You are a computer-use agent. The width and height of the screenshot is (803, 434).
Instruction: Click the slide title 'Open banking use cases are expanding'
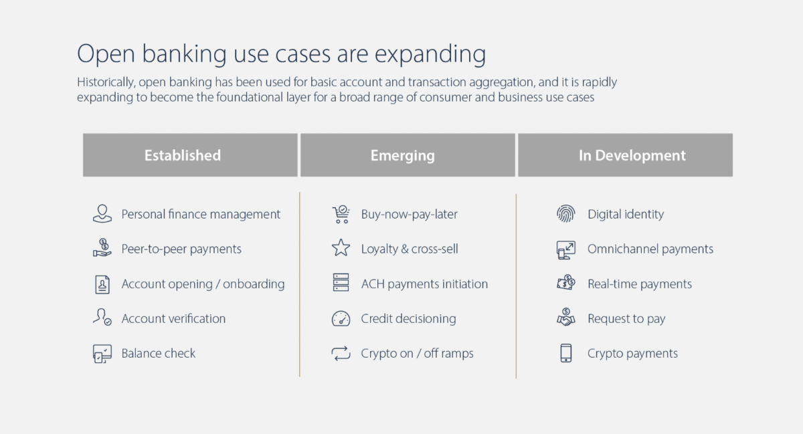click(281, 54)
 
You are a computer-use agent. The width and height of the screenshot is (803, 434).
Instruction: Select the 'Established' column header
click(183, 155)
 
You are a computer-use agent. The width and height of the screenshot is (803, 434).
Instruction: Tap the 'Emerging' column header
click(402, 155)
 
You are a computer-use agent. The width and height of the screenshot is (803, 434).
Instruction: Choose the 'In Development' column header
click(632, 155)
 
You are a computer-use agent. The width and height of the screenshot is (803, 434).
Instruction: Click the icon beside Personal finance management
click(102, 214)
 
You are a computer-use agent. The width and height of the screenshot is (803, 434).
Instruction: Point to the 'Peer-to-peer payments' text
click(181, 249)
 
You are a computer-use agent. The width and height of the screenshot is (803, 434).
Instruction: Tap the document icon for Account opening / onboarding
click(102, 284)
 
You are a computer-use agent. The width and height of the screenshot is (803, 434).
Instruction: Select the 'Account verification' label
click(173, 318)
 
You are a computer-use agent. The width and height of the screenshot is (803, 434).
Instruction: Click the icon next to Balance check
click(102, 353)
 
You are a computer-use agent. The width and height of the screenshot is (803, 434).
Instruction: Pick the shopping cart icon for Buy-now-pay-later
click(341, 214)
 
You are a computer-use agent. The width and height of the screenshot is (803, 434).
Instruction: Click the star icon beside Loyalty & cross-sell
click(341, 249)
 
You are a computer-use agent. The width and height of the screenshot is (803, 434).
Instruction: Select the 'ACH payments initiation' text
click(424, 284)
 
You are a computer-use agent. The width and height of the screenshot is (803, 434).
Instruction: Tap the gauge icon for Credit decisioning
click(341, 318)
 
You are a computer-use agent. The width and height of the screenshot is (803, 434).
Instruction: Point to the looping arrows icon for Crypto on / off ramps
click(341, 353)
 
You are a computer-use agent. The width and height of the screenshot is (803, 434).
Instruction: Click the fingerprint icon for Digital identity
click(566, 214)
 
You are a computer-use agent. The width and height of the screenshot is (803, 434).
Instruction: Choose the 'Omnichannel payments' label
click(650, 249)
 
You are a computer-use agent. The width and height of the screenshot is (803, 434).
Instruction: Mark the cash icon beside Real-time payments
click(566, 284)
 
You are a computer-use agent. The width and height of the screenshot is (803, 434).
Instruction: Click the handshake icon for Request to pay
click(566, 318)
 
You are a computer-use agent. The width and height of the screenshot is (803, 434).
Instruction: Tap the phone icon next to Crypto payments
click(566, 353)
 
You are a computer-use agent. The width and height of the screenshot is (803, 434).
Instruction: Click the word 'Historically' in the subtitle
click(106, 82)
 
